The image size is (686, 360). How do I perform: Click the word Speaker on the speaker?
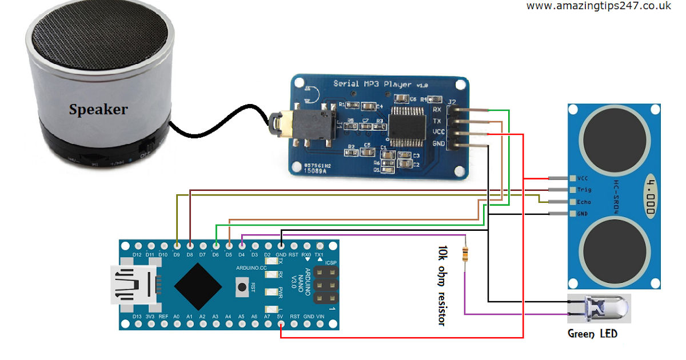coord(98,109)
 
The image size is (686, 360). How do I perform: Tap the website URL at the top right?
coord(599,6)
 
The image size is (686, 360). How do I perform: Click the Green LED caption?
coord(592,333)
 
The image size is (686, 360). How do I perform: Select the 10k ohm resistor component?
coord(466,253)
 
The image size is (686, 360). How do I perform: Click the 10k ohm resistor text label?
coord(441,286)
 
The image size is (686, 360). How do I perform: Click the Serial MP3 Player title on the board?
coord(372,84)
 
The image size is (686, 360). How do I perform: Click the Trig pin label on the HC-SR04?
coord(584,190)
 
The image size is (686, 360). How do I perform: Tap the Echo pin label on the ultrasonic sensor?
coord(584,202)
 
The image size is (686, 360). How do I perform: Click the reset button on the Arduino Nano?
coord(244,286)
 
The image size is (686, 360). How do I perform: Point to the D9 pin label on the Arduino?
coord(177,255)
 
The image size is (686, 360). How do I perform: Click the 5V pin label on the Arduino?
coord(280,316)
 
